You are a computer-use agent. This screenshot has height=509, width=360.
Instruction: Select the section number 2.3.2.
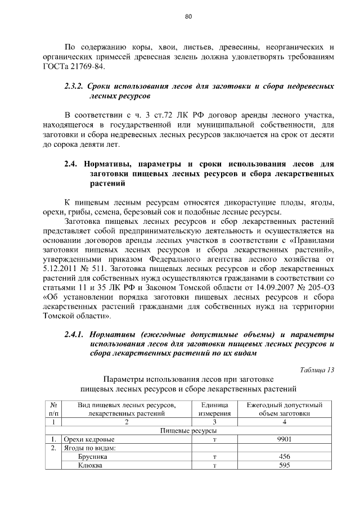tap(73, 87)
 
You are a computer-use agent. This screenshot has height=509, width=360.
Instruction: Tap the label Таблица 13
tap(316, 370)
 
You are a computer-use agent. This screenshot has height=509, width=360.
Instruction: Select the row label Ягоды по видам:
tap(89, 448)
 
